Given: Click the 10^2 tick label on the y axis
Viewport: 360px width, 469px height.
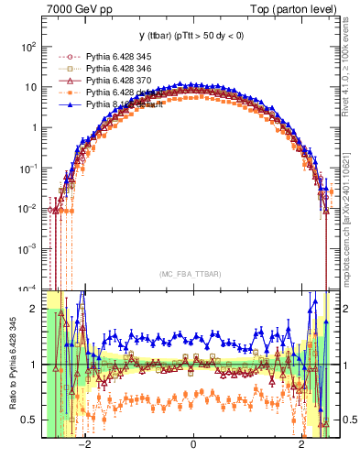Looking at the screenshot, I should click(x=28, y=47).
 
